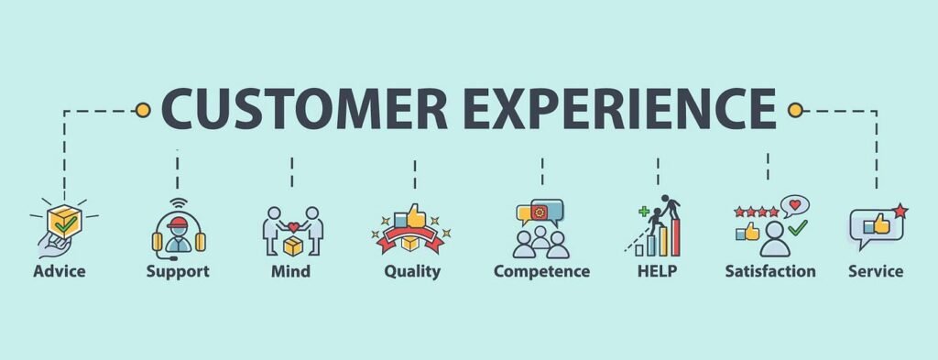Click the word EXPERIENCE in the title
[616, 109]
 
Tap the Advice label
[60, 271]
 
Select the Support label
[178, 271]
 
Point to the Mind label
[290, 271]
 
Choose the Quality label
[412, 271]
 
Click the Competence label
[541, 271]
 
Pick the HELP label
[658, 271]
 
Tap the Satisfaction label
[769, 271]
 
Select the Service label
[876, 271]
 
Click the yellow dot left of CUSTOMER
[142, 111]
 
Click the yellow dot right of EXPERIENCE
[794, 111]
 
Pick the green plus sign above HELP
[644, 212]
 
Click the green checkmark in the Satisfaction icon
[798, 224]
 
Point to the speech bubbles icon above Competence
[540, 213]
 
